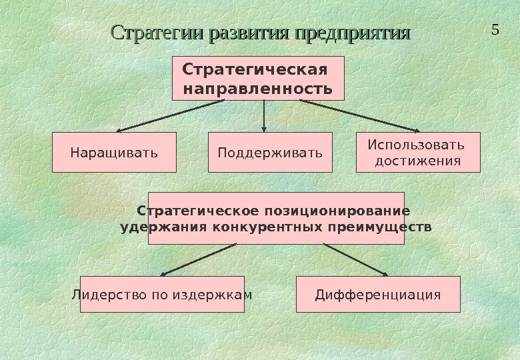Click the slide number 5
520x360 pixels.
pyautogui.click(x=495, y=30)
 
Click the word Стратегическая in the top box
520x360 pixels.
pyautogui.click(x=255, y=70)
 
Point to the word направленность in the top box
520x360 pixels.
pyautogui.click(x=257, y=88)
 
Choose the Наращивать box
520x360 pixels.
pyautogui.click(x=114, y=153)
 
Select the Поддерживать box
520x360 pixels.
pyautogui.click(x=270, y=153)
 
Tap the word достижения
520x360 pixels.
pyautogui.click(x=418, y=161)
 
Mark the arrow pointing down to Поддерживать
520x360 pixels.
pyautogui.click(x=265, y=116)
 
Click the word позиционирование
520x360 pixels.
pyautogui.click(x=337, y=211)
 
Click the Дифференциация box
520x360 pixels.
pyautogui.click(x=378, y=294)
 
